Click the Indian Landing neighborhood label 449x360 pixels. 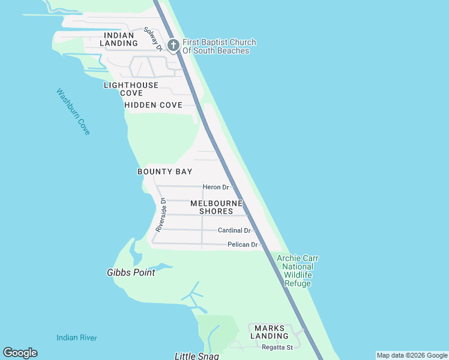coord(119,39)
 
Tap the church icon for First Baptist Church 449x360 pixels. coord(173,46)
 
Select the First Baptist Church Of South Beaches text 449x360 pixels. coord(220,46)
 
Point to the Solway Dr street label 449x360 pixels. coord(153,39)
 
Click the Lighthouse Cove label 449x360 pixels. coord(131,89)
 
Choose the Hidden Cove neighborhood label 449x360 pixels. coord(153,105)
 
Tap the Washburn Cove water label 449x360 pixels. coord(73,112)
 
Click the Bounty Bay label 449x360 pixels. coord(165,172)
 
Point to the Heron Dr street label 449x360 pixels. coord(216,187)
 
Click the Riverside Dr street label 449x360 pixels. coord(160,215)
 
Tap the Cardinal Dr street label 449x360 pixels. coord(234,230)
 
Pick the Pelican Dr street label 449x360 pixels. coord(243,245)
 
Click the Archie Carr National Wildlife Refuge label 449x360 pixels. coord(298,271)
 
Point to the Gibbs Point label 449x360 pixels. coord(131,272)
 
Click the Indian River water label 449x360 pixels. coord(77,338)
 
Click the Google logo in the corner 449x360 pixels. coord(20,353)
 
